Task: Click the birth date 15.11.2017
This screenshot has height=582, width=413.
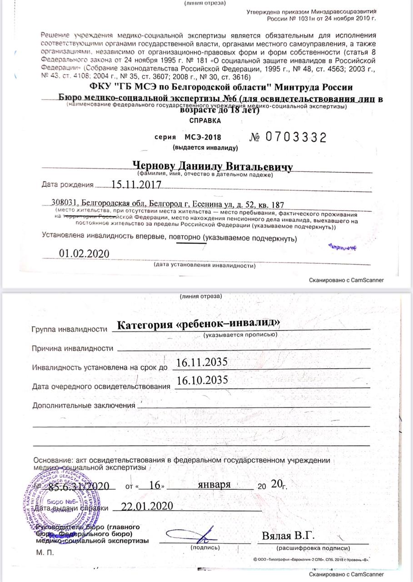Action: (x=129, y=185)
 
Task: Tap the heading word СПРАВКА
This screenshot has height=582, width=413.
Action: (x=205, y=121)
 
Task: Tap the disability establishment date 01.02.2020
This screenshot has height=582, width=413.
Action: (x=84, y=253)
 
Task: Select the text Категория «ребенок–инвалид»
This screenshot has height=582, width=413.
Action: (x=198, y=324)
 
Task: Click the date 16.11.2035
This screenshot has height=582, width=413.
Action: (x=201, y=362)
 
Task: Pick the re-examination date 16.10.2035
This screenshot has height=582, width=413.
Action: (x=201, y=381)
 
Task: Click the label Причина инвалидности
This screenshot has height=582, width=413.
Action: (x=72, y=348)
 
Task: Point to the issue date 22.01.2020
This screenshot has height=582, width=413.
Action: (x=142, y=506)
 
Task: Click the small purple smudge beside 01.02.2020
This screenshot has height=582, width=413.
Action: (x=342, y=247)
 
